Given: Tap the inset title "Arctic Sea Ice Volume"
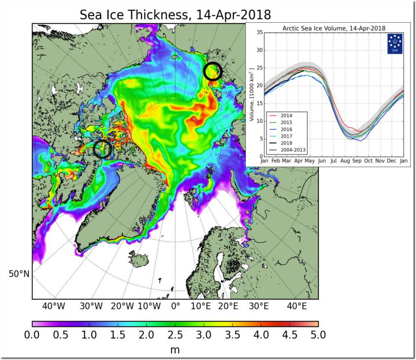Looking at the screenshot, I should click(333, 28).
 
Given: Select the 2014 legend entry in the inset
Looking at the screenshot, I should click(286, 116).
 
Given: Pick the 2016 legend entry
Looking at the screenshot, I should click(286, 129).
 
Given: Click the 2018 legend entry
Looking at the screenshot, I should click(286, 143).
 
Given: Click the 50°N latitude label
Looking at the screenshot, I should click(19, 274).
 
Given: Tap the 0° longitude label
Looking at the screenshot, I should click(175, 306).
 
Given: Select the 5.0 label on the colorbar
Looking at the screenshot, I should click(318, 335).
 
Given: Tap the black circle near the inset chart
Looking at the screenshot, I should click(213, 71).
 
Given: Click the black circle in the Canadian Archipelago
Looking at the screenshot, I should click(102, 149).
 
